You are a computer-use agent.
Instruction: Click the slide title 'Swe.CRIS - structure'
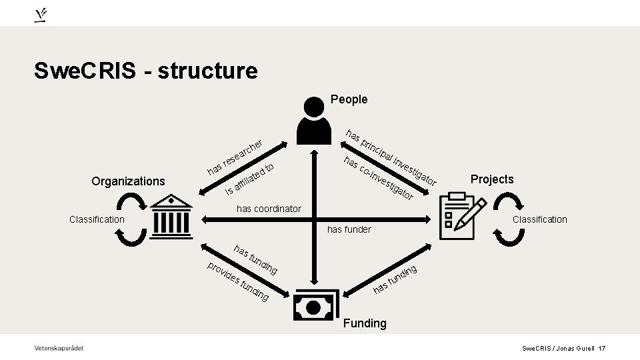pyautogui.click(x=146, y=70)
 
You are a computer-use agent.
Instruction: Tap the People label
pyautogui.click(x=349, y=99)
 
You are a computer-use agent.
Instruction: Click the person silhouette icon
pyautogui.click(x=314, y=120)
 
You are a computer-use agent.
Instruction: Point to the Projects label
pyautogui.click(x=492, y=179)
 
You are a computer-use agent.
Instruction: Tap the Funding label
pyautogui.click(x=364, y=323)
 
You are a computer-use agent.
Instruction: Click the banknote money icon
pyautogui.click(x=314, y=306)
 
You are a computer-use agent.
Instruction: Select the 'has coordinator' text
pyautogui.click(x=269, y=209)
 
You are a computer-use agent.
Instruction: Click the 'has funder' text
pyautogui.click(x=349, y=229)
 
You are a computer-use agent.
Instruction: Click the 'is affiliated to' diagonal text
pyautogui.click(x=250, y=179)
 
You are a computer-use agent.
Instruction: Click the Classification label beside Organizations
pyautogui.click(x=97, y=219)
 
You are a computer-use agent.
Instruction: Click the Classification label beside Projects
pyautogui.click(x=539, y=219)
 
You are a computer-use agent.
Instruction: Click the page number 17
pyautogui.click(x=601, y=349)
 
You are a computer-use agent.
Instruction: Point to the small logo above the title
pyautogui.click(x=41, y=14)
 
